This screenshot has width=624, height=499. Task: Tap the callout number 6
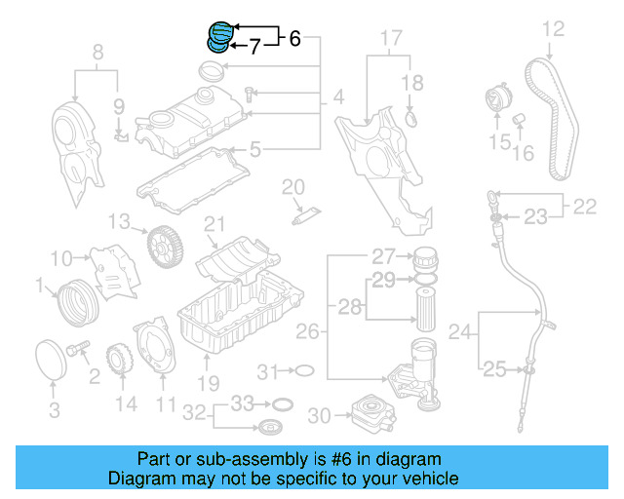(294, 39)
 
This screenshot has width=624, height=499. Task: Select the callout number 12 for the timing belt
(554, 28)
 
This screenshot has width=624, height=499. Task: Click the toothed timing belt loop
(547, 117)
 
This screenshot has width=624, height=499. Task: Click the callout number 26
(307, 332)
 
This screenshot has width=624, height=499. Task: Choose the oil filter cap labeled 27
(424, 260)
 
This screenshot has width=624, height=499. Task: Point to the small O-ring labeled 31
(303, 370)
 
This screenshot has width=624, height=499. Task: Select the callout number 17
(390, 40)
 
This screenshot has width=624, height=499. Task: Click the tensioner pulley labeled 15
(497, 103)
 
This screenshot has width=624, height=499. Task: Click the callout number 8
(97, 52)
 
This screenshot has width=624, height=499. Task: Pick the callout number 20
(293, 186)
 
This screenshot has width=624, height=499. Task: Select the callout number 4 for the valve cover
(337, 97)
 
